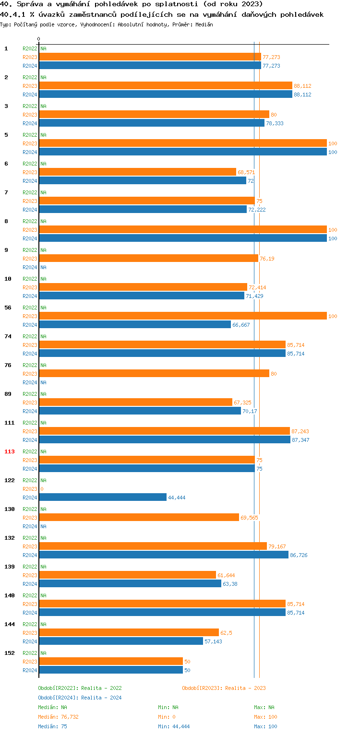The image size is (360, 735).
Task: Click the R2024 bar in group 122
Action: [103, 498]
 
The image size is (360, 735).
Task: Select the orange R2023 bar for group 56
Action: [182, 316]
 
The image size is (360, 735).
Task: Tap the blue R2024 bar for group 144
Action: [121, 641]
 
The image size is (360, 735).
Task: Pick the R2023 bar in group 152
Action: [111, 662]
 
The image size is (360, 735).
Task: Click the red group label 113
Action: [10, 451]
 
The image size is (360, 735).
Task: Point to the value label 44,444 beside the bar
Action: [177, 498]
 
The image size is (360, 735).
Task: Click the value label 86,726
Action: [299, 556]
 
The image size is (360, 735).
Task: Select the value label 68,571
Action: [246, 172]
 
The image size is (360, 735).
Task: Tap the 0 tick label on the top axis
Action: [39, 39]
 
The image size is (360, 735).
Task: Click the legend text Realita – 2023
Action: [246, 688]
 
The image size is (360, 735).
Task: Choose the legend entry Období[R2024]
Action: [59, 698]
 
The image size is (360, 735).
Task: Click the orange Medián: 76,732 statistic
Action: [58, 717]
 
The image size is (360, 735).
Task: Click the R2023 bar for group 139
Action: [127, 575]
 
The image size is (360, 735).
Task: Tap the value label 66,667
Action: [241, 325]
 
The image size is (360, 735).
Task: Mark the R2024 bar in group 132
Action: [164, 555]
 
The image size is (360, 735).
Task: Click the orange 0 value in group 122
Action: [42, 489]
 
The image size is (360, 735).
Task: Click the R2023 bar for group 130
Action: [139, 518]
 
